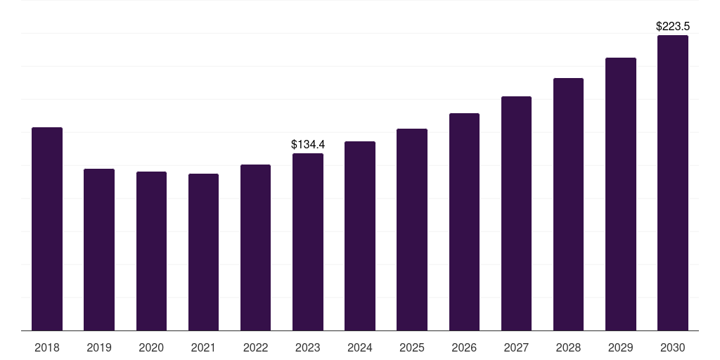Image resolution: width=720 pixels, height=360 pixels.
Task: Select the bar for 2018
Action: click(47, 229)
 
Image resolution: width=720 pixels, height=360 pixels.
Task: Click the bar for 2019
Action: click(99, 250)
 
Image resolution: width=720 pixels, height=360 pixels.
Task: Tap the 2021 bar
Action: click(203, 252)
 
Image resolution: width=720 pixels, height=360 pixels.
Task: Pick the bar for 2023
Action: click(308, 242)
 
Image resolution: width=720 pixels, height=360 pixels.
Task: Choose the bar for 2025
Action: click(412, 230)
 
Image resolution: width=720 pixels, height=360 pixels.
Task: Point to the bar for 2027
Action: click(516, 214)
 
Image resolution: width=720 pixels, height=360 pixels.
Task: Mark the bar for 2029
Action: click(621, 194)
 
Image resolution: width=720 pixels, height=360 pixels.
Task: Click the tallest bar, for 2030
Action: click(673, 183)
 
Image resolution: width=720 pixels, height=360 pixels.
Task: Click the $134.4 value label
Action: click(308, 145)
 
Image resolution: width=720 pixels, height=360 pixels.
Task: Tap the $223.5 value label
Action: click(673, 27)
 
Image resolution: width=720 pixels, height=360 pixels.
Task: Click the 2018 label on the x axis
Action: click(47, 347)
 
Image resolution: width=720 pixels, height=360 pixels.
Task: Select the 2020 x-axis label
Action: click(151, 347)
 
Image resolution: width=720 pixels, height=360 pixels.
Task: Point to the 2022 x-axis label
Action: click(255, 347)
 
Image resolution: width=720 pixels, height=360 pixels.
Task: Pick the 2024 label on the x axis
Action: click(359, 347)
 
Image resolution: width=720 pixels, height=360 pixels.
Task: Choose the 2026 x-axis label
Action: click(464, 347)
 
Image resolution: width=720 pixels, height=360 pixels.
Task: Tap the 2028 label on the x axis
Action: click(568, 347)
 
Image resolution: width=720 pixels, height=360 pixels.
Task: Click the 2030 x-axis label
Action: click(673, 347)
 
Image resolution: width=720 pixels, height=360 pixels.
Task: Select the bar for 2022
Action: click(255, 247)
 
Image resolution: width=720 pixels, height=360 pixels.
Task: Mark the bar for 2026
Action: click(464, 221)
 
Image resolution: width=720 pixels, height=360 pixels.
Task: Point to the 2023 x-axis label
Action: click(308, 347)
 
